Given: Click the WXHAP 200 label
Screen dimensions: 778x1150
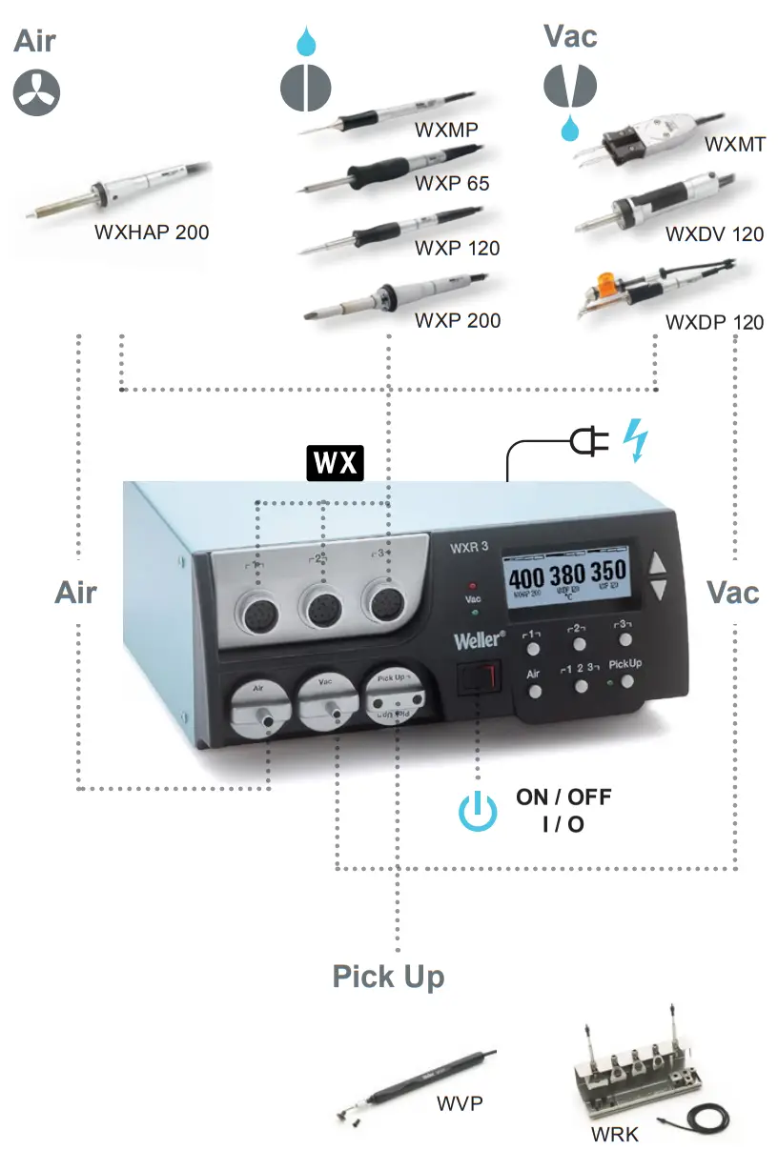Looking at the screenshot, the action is [x=151, y=232].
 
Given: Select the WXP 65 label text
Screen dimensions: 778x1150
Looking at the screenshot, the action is [x=451, y=182].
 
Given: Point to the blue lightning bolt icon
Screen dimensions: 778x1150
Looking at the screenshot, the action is [x=634, y=440].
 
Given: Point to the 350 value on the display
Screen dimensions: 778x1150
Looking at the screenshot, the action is [x=606, y=574].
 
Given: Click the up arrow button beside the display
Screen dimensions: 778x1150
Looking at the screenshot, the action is [x=658, y=565].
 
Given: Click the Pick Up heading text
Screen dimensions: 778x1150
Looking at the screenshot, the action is [x=388, y=977].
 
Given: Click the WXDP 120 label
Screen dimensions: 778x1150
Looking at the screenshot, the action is [x=714, y=322].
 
